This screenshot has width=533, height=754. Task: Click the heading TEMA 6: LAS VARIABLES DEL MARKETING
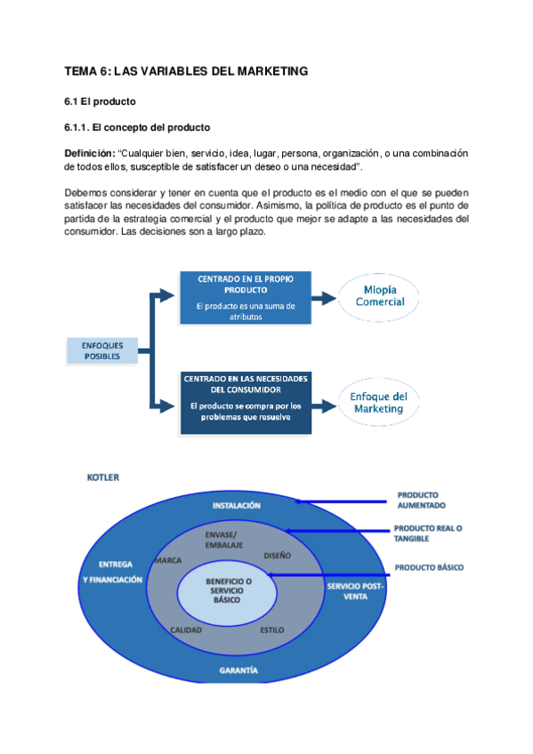tap(186, 70)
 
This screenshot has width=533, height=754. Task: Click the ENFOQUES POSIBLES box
tap(102, 350)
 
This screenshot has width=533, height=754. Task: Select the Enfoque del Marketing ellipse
tap(380, 403)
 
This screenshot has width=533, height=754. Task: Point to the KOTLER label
tap(103, 477)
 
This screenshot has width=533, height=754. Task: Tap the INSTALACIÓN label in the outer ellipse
tap(237, 505)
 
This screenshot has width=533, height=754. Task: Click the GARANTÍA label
tap(238, 669)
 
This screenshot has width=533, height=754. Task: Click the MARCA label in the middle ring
tap(168, 561)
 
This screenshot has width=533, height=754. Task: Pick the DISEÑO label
tap(278, 556)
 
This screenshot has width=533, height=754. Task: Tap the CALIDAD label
tap(186, 630)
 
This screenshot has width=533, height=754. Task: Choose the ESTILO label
tap(272, 630)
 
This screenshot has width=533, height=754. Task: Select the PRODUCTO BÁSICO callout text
tap(429, 566)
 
